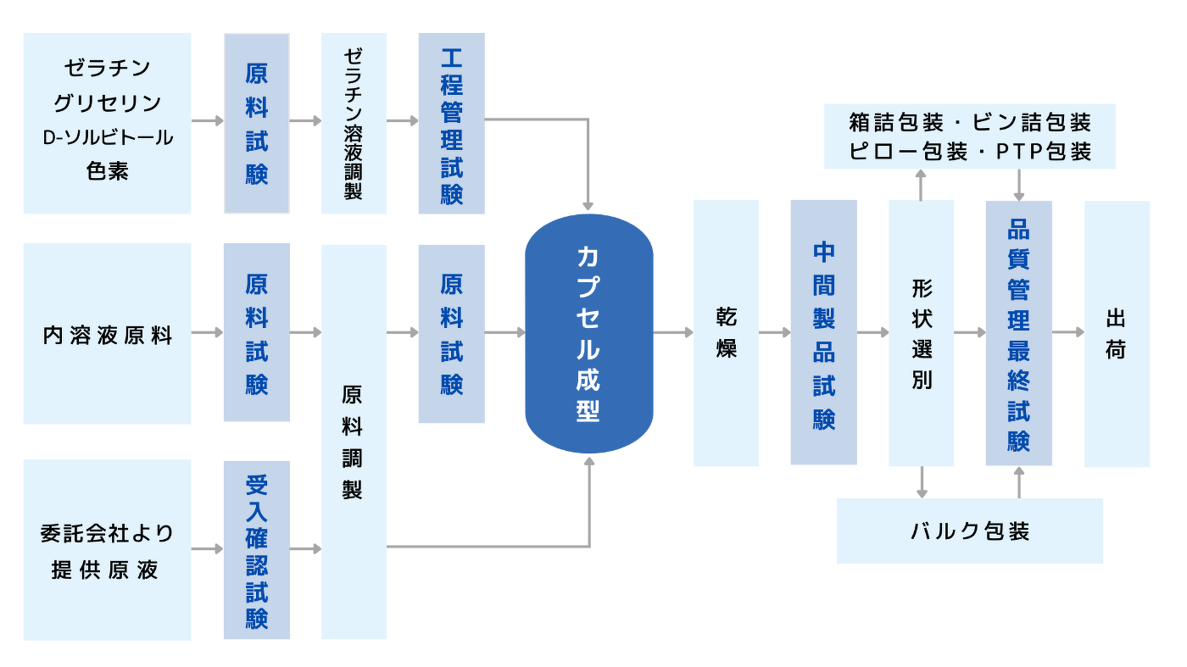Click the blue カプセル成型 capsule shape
588,333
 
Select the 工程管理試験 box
451,124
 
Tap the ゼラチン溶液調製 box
354,124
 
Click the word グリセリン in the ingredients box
108,103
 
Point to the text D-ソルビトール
108,136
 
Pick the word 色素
108,170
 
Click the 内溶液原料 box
108,334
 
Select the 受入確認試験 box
257,550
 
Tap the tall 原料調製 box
354,442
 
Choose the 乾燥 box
726,333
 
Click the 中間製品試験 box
823,332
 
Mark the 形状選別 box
922,333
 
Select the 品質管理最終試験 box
1018,333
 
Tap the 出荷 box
1117,333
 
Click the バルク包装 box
969,531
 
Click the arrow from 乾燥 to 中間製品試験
774,333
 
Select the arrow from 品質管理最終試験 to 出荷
1068,333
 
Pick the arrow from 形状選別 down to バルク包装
922,482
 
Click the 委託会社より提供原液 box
108,550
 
